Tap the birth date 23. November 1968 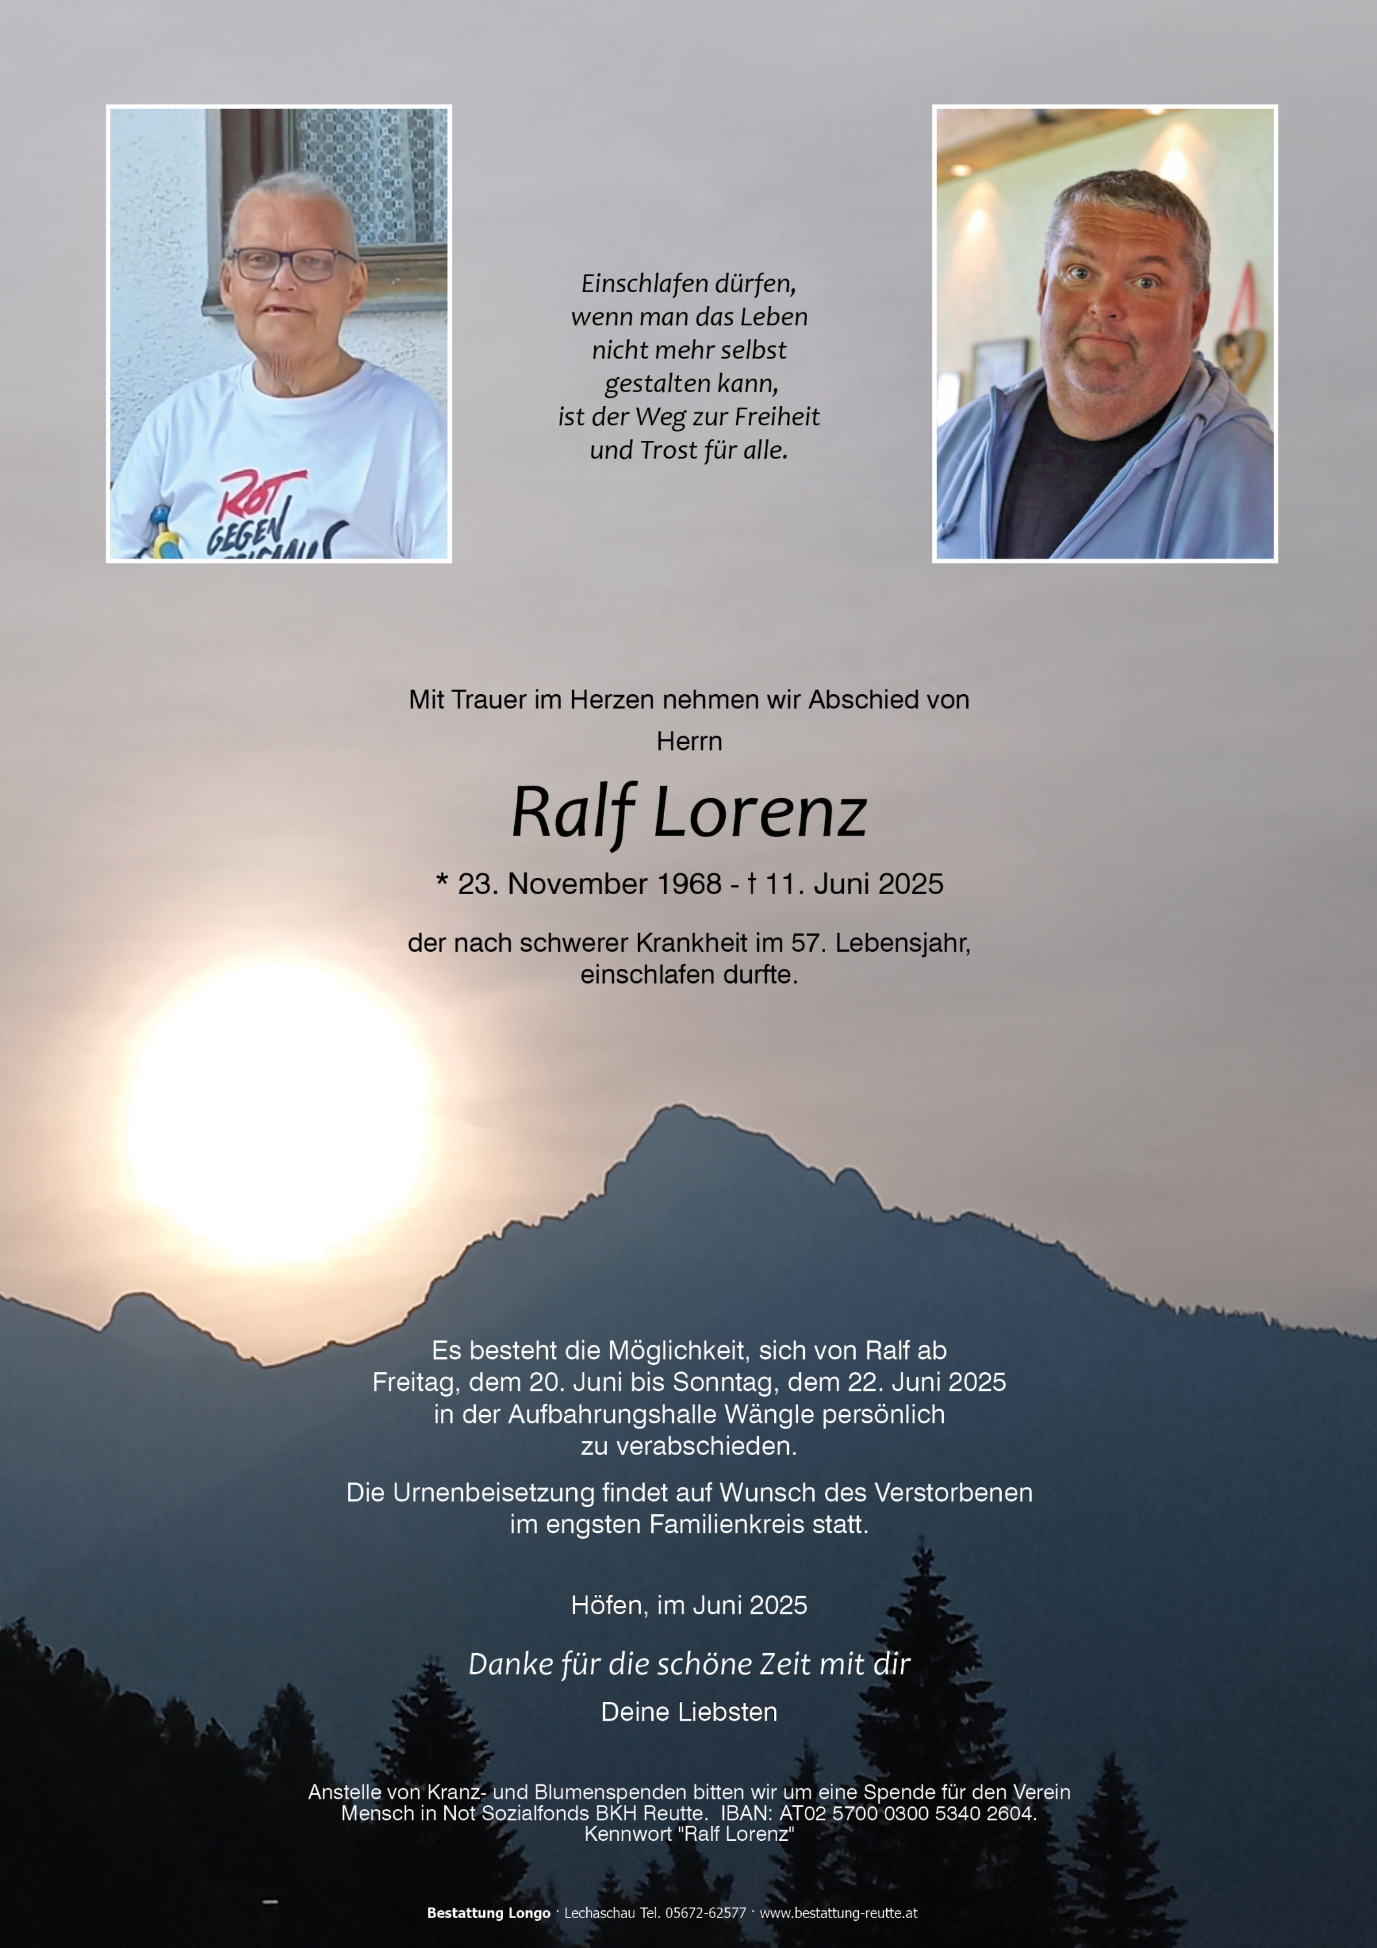pyautogui.click(x=589, y=884)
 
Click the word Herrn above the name pyautogui.click(x=689, y=742)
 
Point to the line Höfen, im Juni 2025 pyautogui.click(x=689, y=1605)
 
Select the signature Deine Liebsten pyautogui.click(x=689, y=1712)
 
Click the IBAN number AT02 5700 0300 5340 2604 pyautogui.click(x=907, y=1813)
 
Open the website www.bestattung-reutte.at pyautogui.click(x=838, y=1913)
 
